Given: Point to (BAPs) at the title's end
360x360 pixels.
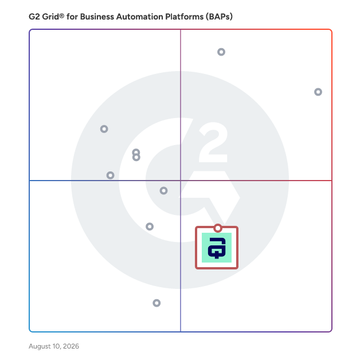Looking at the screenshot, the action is [x=219, y=17].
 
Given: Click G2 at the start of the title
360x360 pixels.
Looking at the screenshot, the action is [x=34, y=17].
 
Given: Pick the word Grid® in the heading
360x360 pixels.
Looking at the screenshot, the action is [x=53, y=17].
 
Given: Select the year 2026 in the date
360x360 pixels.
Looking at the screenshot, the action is [x=71, y=346].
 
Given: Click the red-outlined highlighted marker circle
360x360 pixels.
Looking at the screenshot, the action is [x=218, y=228].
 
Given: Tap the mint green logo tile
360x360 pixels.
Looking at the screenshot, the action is [x=217, y=248].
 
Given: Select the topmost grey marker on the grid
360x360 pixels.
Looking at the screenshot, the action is [x=221, y=52].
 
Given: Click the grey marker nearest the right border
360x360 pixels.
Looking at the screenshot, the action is [x=318, y=92].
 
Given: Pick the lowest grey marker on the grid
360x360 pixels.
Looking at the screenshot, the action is [x=156, y=303].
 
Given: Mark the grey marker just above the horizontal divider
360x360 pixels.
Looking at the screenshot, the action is [x=110, y=175].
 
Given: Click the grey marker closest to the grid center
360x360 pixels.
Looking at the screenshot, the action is [x=163, y=190].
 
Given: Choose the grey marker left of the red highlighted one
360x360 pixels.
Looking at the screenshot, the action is [x=150, y=226].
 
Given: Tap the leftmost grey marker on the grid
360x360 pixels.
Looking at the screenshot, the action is [x=104, y=129].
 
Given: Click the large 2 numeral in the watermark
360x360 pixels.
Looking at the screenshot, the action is [x=213, y=142].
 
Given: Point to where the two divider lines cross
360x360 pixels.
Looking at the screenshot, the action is [x=181, y=181].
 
